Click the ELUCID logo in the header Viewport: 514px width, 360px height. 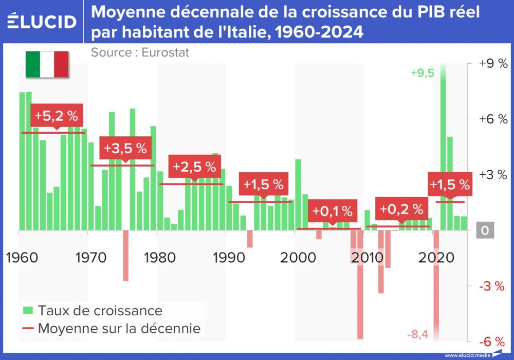(42, 21)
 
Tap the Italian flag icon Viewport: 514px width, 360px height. (47, 64)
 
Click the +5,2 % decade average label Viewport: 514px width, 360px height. (57, 116)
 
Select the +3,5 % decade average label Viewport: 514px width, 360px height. (125, 148)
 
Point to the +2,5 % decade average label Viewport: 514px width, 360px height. (194, 167)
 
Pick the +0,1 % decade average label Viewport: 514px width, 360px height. (333, 211)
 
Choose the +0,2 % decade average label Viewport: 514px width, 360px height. (401, 209)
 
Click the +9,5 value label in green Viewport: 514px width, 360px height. (423, 73)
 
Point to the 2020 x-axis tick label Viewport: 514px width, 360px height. (433, 257)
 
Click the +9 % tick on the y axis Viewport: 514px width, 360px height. (493, 63)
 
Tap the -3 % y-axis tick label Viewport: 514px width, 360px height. (492, 286)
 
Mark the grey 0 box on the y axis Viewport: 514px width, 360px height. (485, 230)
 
